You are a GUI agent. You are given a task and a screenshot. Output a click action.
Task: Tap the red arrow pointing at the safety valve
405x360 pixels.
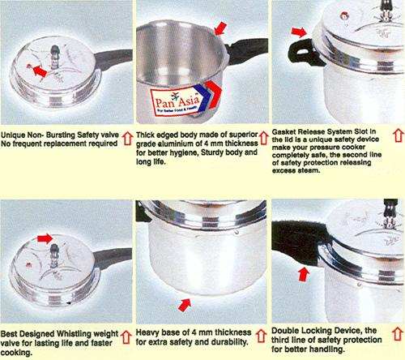tap(40, 71)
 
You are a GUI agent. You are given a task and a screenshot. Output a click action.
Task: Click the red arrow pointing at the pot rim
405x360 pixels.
tap(220, 28)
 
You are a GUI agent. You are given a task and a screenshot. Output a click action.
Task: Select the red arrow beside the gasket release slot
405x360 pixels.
tap(299, 32)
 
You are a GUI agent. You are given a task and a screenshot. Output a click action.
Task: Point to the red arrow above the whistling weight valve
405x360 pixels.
tap(45, 238)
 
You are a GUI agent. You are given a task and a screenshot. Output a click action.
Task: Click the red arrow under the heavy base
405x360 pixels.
tap(185, 305)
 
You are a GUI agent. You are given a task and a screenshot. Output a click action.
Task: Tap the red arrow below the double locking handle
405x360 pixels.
tap(304, 274)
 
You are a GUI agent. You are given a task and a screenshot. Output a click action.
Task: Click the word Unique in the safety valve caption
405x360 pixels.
tap(13, 135)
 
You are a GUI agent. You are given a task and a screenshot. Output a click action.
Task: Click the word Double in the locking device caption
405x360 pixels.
tap(284, 331)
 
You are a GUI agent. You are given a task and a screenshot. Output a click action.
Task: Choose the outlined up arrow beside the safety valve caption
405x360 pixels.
tap(127, 138)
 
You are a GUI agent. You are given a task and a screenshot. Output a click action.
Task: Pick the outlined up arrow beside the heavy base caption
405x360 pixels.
tap(261, 336)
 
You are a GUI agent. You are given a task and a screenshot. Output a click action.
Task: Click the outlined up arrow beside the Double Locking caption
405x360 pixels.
tap(397, 334)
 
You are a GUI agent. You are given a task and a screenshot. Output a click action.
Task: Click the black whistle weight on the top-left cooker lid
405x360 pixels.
tap(55, 51)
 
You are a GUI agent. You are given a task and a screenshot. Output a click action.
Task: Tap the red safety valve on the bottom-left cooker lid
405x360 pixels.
tap(28, 264)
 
